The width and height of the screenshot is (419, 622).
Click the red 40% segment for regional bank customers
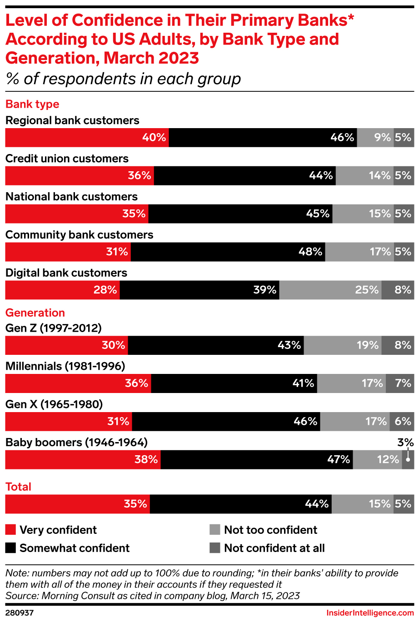coord(87,138)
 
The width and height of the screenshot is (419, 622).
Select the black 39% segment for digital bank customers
coord(200,290)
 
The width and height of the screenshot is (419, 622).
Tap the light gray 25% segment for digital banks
coord(330,290)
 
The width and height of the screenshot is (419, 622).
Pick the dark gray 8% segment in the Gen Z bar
coord(398,345)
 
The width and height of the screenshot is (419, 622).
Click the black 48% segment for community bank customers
coord(228,252)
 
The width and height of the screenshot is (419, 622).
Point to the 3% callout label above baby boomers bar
coord(405,443)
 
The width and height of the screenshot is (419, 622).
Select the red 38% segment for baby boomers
coord(83,460)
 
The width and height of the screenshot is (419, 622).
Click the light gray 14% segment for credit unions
coord(364,176)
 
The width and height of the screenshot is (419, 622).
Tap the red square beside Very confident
coord(10,530)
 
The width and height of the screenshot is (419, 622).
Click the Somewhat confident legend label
coord(75,548)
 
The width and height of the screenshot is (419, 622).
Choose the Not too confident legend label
coord(270,530)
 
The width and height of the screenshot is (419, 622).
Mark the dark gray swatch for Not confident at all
coord(214,548)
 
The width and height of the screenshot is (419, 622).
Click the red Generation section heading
coord(35,313)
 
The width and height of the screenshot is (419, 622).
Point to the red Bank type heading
coord(32,104)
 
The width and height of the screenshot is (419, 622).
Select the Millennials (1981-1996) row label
coord(65,366)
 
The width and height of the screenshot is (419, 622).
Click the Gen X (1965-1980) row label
coord(54,404)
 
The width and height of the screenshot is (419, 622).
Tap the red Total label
coord(18,487)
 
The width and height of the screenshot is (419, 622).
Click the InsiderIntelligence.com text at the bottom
coord(370,613)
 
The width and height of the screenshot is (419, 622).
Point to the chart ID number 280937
coord(20,613)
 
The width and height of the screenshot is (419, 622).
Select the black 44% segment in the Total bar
coord(240,504)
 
